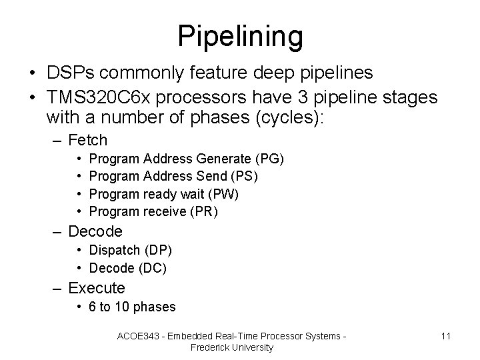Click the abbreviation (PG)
tap(269, 159)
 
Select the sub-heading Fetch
tap(88, 140)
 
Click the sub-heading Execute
tap(97, 288)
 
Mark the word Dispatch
tap(114, 250)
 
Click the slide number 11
tap(445, 335)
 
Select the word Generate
tap(225, 159)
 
